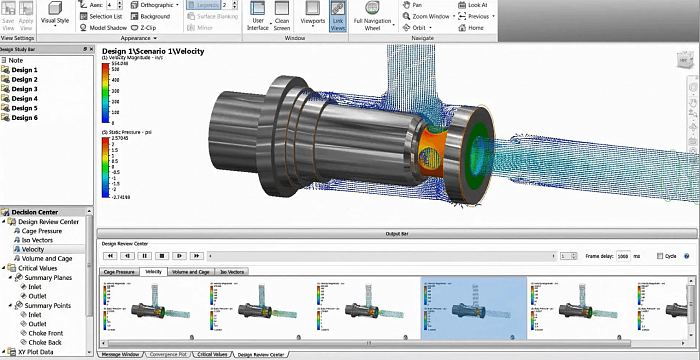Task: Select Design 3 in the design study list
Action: point(24,89)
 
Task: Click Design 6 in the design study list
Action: point(24,118)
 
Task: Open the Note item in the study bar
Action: point(16,60)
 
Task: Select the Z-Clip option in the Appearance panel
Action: point(147,28)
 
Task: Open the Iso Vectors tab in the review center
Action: point(232,272)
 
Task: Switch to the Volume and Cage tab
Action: point(190,272)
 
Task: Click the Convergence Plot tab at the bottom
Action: point(166,354)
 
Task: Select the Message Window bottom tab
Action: point(123,354)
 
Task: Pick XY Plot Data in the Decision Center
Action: point(33,351)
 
